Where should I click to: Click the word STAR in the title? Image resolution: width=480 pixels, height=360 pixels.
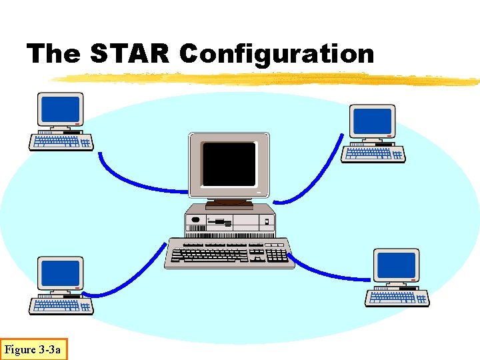pos(130,53)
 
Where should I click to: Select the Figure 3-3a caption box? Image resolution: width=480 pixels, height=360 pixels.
pos(33,349)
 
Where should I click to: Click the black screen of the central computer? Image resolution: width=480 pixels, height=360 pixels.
pos(229,164)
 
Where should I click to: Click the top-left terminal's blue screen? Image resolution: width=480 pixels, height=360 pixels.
pos(60,108)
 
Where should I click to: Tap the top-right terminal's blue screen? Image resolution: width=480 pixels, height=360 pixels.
pos(372,121)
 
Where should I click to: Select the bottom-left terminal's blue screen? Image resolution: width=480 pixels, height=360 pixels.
pos(60,272)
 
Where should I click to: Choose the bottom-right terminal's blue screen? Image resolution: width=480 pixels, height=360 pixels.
pos(396,266)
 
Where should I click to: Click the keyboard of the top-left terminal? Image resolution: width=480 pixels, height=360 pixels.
pos(61,141)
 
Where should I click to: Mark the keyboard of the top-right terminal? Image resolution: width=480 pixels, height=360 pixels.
pos(373,154)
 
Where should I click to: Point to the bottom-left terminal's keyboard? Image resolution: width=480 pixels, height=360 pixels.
pos(61,305)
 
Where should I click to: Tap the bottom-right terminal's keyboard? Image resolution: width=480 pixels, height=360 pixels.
pos(397,298)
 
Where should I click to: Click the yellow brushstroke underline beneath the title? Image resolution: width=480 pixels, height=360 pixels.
pos(267,79)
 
